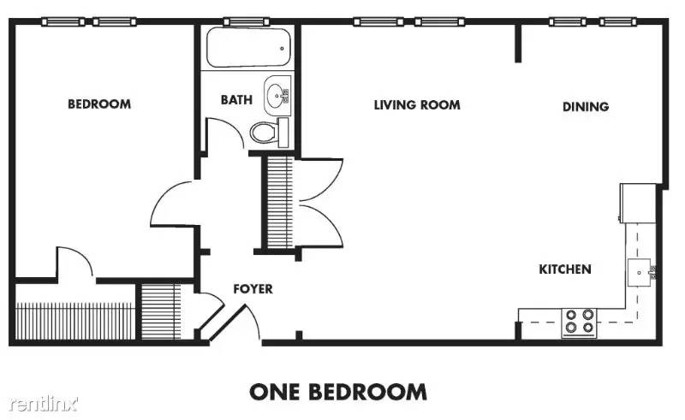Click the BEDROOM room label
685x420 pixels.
99,104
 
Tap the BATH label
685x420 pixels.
236,100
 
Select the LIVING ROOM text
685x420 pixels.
417,104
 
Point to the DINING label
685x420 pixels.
586,107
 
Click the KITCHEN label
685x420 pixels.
565,269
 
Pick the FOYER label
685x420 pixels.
253,288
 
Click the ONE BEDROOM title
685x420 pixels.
338,392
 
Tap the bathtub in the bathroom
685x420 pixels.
248,47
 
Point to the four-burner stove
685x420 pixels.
579,322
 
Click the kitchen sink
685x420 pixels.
639,272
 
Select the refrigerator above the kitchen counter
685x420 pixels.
638,203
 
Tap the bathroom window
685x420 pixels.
247,21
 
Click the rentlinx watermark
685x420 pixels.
44,404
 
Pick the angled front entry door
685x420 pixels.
227,323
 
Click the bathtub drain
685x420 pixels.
283,49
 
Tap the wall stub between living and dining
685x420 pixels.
518,44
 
